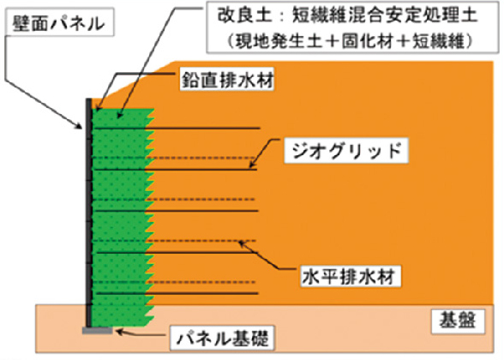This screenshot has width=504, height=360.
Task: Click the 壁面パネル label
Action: pos(59,24)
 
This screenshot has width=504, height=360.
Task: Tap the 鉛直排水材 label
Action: pos(227,79)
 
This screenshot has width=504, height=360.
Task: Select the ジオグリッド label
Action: pos(346,151)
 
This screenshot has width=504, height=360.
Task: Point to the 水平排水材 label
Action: pos(348,276)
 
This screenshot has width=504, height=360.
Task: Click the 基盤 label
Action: pos(457,320)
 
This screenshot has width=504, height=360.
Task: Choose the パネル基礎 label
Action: pos(222,338)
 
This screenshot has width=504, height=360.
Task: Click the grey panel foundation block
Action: pos(98,331)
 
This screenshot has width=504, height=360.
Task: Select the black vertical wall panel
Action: pos(89,213)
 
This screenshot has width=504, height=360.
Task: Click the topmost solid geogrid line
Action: pos(177,129)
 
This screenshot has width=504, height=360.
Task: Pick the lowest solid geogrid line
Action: pos(177,293)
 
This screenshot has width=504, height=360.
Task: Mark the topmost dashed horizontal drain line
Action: pos(174,158)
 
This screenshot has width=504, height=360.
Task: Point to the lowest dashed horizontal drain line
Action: pos(174,282)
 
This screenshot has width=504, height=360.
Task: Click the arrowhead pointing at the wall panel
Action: pos(79,126)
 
